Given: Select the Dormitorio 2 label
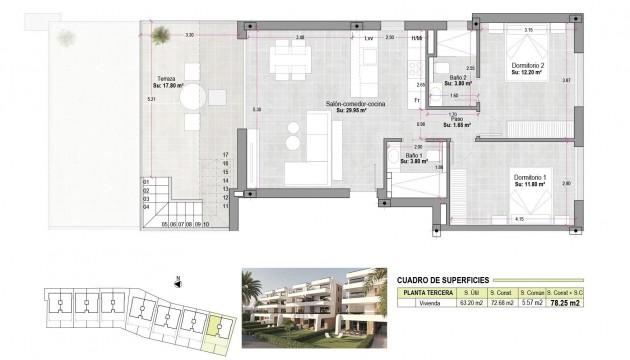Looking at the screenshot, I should (526, 66).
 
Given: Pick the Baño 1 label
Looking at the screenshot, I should (414, 156).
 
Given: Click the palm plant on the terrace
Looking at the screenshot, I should (66, 38).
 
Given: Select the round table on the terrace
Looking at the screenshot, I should (193, 99).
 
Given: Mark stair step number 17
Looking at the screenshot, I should (226, 155).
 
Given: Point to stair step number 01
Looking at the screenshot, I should (146, 181).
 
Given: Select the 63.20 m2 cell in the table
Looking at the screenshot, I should (470, 302).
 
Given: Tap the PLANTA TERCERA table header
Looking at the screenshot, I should (427, 291).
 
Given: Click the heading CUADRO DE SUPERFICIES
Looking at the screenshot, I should (444, 279).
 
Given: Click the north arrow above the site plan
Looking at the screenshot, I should (177, 282).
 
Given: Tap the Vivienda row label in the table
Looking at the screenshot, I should (427, 302).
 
